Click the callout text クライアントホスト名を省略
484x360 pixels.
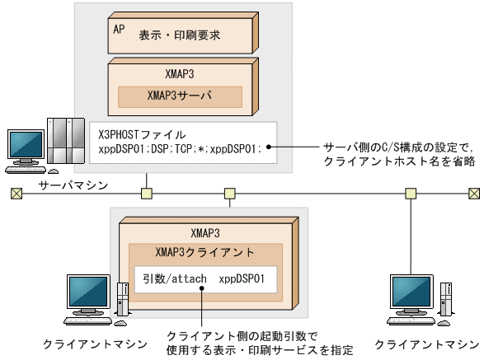point(396,161)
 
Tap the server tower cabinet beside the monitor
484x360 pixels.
point(65,141)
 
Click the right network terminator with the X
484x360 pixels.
point(473,194)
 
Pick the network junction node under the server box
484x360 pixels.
point(147,194)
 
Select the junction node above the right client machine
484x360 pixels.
point(411,194)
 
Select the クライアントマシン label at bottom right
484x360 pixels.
point(425,342)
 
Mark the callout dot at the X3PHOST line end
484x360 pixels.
point(269,149)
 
